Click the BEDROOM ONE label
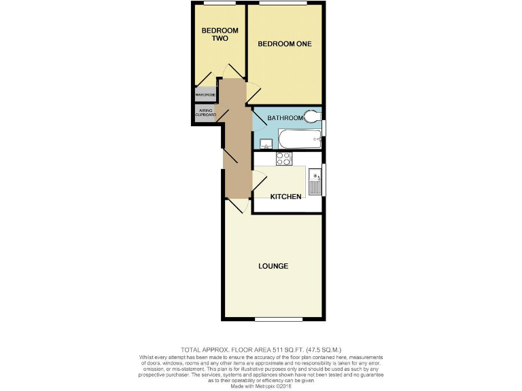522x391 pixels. click(x=284, y=44)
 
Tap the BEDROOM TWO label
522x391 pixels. click(x=220, y=35)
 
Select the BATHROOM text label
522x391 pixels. click(x=285, y=118)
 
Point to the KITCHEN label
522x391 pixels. click(x=285, y=197)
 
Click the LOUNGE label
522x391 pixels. click(x=273, y=265)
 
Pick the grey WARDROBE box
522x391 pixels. click(x=205, y=94)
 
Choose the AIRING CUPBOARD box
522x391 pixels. click(x=206, y=113)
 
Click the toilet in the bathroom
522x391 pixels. click(x=312, y=117)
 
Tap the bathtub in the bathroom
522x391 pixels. click(x=298, y=141)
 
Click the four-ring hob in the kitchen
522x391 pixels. click(x=283, y=159)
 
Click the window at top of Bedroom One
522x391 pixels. click(x=283, y=3)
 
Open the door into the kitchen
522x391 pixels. click(x=258, y=181)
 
